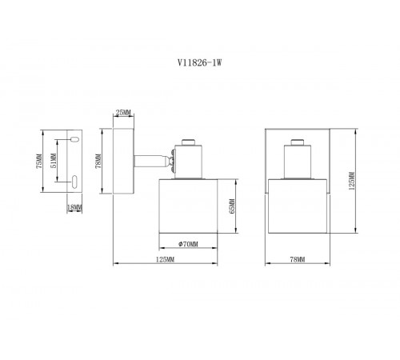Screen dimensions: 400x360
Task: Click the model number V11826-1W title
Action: pyautogui.click(x=200, y=62)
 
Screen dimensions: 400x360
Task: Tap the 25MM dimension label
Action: pyautogui.click(x=123, y=113)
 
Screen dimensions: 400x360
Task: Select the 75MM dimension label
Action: pyautogui.click(x=39, y=161)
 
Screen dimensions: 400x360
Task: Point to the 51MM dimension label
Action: pyautogui.click(x=54, y=161)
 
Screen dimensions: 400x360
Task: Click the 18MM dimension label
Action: pyautogui.click(x=74, y=207)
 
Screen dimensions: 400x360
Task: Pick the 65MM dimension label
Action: pyautogui.click(x=232, y=206)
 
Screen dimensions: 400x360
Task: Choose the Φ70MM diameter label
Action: pyautogui.click(x=188, y=244)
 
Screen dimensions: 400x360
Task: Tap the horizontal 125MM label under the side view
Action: pyautogui.click(x=165, y=259)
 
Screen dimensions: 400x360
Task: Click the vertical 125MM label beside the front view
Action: pyautogui.click(x=352, y=181)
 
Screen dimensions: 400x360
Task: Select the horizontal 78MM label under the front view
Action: pyautogui.click(x=298, y=259)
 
